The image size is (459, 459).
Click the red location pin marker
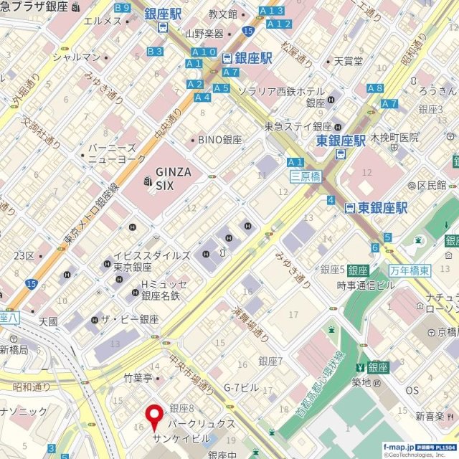(x=154, y=417)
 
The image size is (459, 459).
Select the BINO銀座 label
(x=220, y=140)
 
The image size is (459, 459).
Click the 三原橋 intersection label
(x=305, y=176)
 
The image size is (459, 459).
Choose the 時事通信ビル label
(x=365, y=285)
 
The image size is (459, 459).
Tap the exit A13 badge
(x=272, y=11)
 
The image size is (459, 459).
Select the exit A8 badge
(x=374, y=88)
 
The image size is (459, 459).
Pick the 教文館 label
(x=222, y=14)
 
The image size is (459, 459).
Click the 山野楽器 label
(x=204, y=33)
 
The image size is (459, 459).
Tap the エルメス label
(x=103, y=21)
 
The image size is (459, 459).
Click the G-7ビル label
(x=241, y=387)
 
